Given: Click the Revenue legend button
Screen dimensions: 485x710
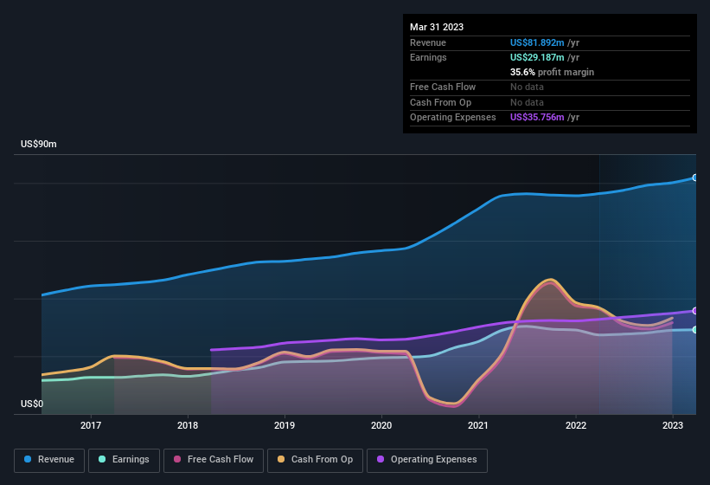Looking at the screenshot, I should coord(49,460).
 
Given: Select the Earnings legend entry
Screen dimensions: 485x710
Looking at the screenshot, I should coord(123,460).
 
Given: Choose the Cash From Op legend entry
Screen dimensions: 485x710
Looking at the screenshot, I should coord(316,460).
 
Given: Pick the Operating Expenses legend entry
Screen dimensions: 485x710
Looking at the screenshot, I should coord(427,460).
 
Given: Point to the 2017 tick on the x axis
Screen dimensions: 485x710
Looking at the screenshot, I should coord(91,425).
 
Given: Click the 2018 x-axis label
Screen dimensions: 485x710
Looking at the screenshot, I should coord(188,425).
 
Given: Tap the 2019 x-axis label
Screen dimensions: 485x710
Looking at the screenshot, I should coord(285,425).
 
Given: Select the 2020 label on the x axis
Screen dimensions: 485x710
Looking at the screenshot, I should coord(381,425).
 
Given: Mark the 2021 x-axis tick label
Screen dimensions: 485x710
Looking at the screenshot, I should coord(478,425).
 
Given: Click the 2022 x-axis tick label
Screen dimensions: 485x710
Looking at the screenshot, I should coord(575,425).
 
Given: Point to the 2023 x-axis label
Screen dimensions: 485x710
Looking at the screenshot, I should coord(672,425).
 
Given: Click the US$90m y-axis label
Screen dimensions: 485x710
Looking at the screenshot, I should coord(39,145).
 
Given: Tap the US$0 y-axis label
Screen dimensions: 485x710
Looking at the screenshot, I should coord(32,404).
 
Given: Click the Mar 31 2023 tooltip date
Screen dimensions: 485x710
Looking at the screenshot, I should coord(437,27).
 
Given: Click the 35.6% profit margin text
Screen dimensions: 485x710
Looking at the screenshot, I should coord(552,72).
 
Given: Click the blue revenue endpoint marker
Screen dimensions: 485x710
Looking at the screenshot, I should coord(695,178).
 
